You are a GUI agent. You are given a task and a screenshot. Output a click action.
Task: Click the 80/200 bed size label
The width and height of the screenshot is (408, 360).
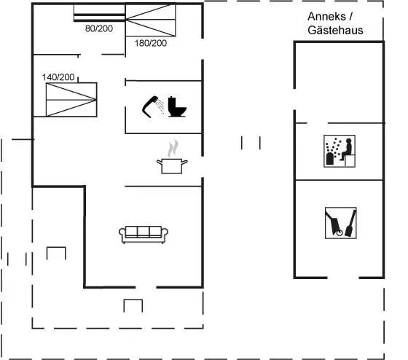(x=99, y=28)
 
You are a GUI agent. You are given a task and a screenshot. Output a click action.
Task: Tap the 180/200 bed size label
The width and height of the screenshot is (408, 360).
(x=151, y=43)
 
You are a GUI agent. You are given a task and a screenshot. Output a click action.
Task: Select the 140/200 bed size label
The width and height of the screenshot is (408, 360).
(x=58, y=77)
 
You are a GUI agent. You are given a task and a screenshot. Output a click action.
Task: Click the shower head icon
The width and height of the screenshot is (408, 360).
(x=150, y=106)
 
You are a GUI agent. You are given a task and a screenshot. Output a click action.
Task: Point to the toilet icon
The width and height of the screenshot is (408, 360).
(x=177, y=106)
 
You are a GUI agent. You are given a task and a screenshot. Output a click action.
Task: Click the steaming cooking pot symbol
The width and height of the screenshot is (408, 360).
(x=172, y=157)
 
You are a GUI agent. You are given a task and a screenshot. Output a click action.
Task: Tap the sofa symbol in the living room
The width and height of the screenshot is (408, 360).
(x=144, y=235)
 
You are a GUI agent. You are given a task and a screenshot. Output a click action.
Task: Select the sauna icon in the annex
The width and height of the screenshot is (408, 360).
(x=340, y=151)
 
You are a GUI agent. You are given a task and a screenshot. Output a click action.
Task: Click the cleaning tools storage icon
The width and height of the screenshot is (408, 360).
(x=341, y=223)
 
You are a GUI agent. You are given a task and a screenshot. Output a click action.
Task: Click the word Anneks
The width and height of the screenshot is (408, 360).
(x=326, y=17)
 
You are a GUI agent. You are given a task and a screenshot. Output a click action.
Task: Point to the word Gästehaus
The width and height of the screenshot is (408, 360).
(x=335, y=30)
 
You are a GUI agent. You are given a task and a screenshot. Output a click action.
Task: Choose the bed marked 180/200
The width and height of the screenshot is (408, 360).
(x=151, y=20)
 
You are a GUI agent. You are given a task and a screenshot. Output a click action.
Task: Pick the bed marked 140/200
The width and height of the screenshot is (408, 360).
(x=71, y=100)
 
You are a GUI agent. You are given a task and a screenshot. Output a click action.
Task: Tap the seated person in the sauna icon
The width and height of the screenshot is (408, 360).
(x=346, y=149)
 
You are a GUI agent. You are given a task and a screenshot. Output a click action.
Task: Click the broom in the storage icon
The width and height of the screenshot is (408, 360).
(x=350, y=223)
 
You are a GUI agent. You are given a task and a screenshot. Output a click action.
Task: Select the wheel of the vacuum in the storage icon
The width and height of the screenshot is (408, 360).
(x=340, y=232)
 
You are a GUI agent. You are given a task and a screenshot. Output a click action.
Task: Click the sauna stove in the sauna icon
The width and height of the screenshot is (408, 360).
(x=329, y=159)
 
